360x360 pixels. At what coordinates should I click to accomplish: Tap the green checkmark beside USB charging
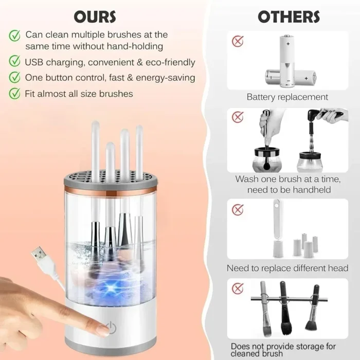click(x=15, y=62)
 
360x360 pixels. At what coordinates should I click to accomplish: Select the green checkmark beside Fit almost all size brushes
click(x=15, y=94)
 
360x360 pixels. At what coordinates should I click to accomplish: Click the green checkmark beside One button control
click(x=15, y=78)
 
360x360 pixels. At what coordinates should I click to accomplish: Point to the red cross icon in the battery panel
click(x=238, y=41)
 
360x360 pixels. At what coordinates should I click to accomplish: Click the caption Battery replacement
click(x=287, y=97)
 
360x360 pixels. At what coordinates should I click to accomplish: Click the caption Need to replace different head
click(x=287, y=268)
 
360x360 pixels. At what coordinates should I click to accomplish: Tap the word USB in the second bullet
click(x=35, y=62)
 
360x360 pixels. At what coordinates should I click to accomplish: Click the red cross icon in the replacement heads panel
click(x=238, y=209)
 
